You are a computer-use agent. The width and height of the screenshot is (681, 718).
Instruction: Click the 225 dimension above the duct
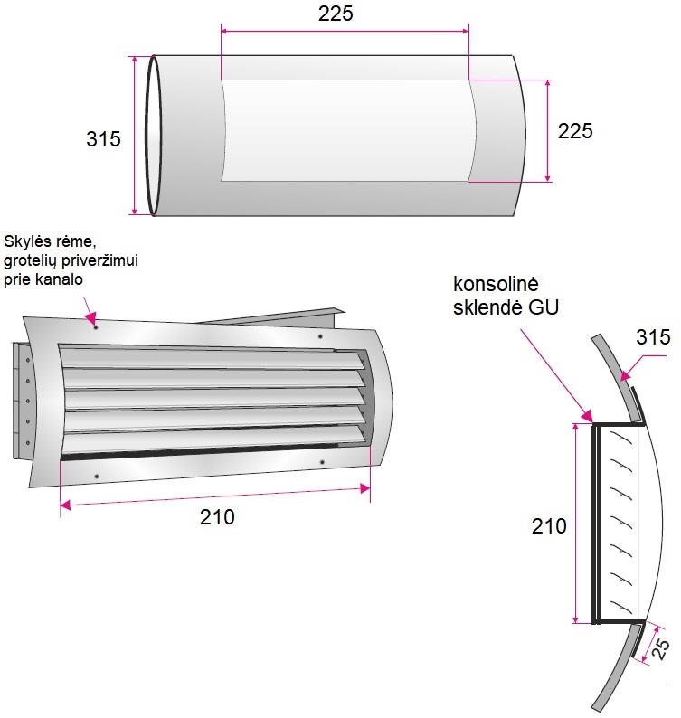(336, 14)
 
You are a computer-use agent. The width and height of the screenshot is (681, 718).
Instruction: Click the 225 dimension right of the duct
(575, 131)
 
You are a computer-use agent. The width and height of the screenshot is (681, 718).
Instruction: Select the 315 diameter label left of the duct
(103, 138)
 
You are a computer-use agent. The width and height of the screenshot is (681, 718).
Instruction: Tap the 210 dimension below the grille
(217, 517)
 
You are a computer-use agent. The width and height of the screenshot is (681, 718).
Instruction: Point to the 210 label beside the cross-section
(549, 526)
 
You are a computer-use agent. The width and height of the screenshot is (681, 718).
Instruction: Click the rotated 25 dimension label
(660, 649)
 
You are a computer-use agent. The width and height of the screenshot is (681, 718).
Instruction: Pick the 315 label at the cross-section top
(653, 337)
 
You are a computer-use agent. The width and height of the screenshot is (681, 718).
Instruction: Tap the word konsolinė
(496, 284)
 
